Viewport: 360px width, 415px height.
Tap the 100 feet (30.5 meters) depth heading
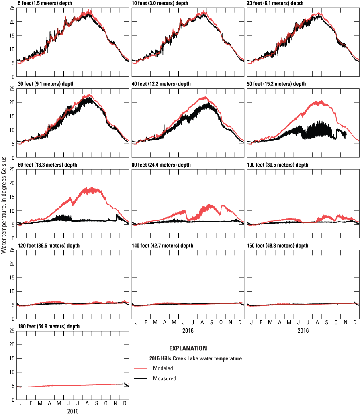(x=277, y=165)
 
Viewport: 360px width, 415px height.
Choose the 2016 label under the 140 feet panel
(x=188, y=331)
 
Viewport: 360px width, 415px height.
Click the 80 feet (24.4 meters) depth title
(x=163, y=165)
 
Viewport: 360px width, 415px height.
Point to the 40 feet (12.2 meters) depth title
(x=163, y=84)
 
